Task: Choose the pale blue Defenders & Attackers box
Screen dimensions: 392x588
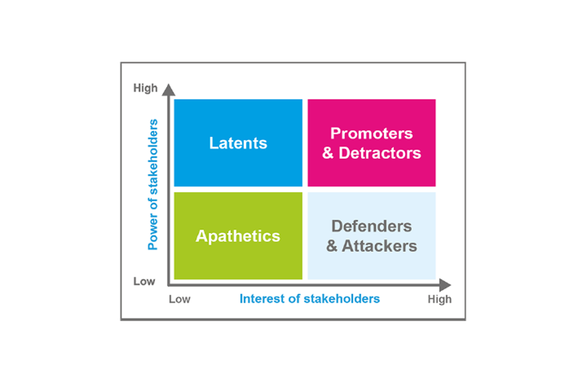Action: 372,265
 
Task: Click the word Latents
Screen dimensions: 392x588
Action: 238,143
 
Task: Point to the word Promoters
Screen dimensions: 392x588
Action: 372,134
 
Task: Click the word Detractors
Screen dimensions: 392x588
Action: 380,153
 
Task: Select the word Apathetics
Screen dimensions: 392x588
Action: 238,236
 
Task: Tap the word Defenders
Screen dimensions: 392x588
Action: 372,226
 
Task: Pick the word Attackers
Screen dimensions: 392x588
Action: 379,246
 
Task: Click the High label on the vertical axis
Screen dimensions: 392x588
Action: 145,88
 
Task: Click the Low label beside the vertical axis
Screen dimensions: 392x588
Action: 144,281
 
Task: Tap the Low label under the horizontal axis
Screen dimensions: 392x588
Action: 179,299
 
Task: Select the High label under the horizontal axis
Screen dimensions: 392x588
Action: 440,299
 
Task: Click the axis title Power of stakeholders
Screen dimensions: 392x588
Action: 153,185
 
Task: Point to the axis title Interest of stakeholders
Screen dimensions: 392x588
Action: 310,299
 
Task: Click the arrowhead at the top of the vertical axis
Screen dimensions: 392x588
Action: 168,90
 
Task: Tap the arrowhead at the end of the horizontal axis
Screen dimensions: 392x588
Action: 445,285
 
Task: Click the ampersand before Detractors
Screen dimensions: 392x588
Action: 328,153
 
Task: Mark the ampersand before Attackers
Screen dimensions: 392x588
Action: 332,246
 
